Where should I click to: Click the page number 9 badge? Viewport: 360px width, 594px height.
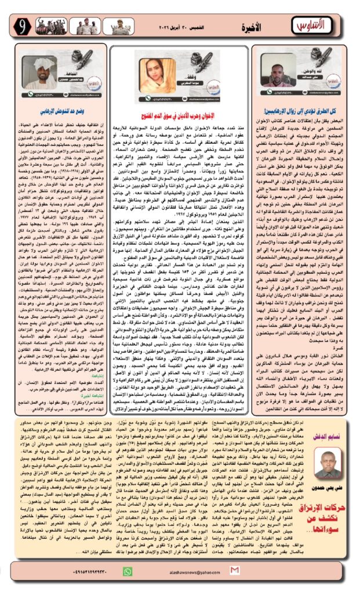[x=23, y=26]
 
